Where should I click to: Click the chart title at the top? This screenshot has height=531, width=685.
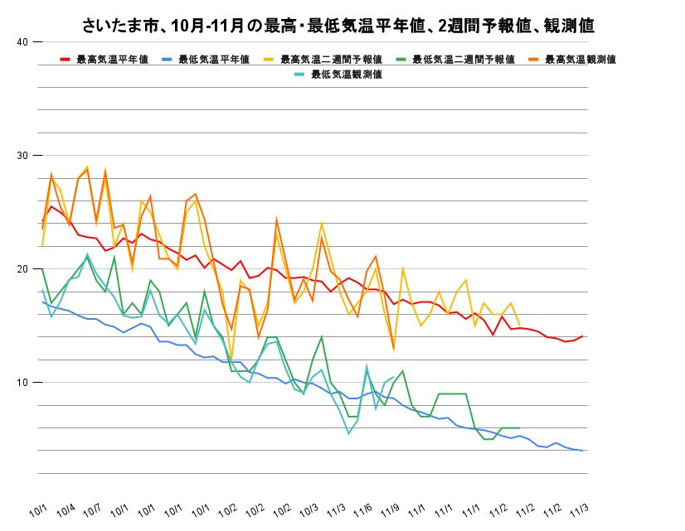pos(339,26)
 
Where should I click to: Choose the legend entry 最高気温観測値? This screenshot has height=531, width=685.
pos(580,60)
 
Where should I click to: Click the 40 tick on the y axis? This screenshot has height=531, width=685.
pos(23,42)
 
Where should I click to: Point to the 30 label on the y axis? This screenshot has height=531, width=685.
pos(23,156)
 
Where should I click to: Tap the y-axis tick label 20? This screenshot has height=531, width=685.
pos(23,269)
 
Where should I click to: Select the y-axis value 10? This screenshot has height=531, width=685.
pos(23,383)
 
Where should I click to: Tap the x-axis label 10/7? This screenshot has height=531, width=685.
pos(94,507)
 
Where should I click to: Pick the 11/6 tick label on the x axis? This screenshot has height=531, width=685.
pos(363,507)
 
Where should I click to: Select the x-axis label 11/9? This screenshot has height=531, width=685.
pos(390,507)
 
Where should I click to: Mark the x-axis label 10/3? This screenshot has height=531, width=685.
pos(309,507)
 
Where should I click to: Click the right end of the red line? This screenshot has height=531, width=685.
pos(583,336)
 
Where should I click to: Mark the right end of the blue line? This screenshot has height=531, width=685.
pos(583,451)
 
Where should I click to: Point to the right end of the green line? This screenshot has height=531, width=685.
pos(519,428)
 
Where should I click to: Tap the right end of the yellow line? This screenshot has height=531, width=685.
pos(519,326)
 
